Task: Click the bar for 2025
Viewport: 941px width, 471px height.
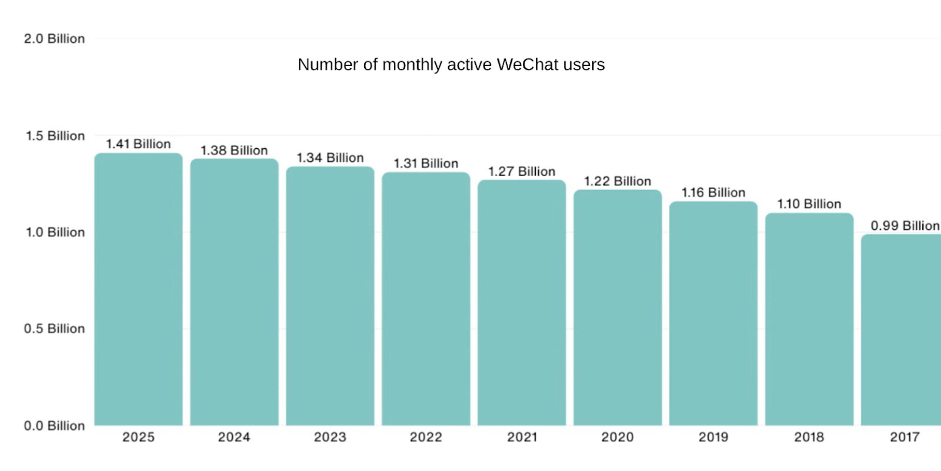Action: [x=138, y=288]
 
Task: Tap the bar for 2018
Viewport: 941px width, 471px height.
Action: [x=809, y=319]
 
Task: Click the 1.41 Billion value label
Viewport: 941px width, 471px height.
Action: [x=138, y=144]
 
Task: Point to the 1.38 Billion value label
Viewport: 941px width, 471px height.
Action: [x=234, y=151]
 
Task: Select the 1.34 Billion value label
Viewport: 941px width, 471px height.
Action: [x=330, y=158]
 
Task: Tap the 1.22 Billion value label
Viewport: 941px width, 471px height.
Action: [x=618, y=181]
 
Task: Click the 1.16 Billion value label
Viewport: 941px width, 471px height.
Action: [x=713, y=193]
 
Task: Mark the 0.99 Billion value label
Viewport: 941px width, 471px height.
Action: [x=905, y=225]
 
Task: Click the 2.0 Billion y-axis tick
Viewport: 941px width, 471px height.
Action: [x=54, y=39]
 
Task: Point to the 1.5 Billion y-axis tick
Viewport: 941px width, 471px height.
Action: [x=55, y=136]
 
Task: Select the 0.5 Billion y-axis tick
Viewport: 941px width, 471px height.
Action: [x=54, y=329]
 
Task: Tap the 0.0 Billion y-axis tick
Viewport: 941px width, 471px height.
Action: [x=54, y=426]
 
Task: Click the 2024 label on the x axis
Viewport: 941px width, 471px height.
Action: [x=234, y=437]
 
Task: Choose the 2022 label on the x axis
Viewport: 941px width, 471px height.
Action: [x=426, y=437]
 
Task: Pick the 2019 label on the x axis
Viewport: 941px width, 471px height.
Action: [x=713, y=437]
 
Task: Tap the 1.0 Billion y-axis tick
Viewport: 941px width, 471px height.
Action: [x=55, y=233]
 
